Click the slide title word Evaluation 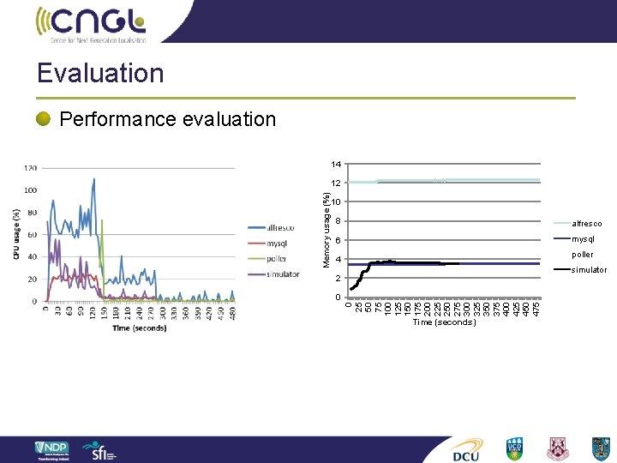100,73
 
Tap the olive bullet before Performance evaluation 44,119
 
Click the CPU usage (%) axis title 16,234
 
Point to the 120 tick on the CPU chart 30,168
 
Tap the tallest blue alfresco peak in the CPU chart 93,177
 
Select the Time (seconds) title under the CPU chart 138,328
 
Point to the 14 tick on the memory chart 337,164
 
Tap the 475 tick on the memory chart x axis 536,306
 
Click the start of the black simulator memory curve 351,289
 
